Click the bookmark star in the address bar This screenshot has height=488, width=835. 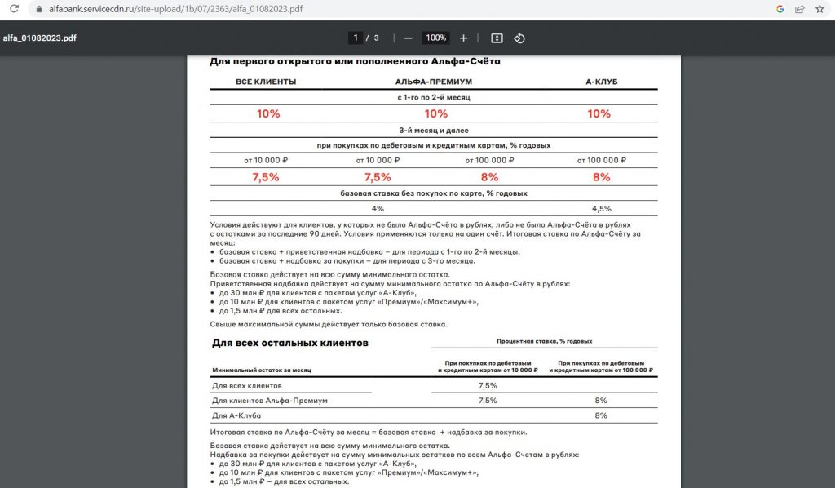[820, 9]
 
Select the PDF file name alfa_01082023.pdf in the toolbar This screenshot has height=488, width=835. [40, 38]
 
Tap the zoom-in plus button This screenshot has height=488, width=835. [463, 38]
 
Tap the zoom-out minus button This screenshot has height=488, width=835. [408, 38]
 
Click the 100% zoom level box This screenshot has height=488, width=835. [435, 38]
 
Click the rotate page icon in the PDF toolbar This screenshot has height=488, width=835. [519, 38]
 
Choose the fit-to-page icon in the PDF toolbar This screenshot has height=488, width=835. [497, 38]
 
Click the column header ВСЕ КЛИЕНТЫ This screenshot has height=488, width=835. [266, 82]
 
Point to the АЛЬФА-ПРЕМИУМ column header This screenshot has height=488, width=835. [434, 82]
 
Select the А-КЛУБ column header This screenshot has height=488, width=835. [601, 82]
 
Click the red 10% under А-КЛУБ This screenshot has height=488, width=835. [599, 113]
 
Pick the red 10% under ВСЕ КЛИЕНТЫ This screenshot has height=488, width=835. [268, 113]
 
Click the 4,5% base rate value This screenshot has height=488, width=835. [601, 209]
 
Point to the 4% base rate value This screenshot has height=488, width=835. [378, 209]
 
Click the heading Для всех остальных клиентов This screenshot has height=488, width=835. [289, 343]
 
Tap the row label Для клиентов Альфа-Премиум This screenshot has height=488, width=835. [269, 401]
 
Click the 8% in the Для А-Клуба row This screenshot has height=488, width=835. [601, 415]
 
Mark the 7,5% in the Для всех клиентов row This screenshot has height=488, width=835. [488, 385]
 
